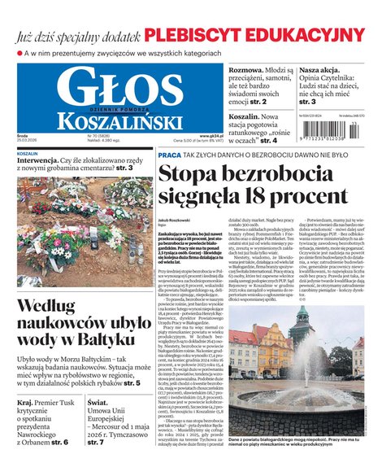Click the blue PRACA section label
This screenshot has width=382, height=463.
[169, 155]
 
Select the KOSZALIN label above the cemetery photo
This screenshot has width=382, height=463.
[28, 152]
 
